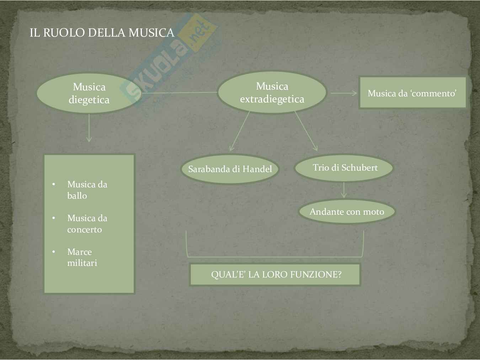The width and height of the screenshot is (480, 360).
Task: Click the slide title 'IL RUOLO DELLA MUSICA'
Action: pos(102,33)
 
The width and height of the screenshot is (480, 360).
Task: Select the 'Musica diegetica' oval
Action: pos(89,93)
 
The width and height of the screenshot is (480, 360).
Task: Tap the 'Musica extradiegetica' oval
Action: pos(272,92)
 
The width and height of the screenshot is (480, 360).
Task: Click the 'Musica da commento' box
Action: pos(412,93)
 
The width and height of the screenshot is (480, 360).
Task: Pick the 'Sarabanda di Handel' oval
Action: pos(230,169)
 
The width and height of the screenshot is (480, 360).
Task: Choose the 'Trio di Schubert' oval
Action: pos(344,168)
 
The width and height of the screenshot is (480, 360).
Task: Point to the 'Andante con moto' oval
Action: pos(347,212)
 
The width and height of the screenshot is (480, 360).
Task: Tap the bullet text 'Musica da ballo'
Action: pos(87,190)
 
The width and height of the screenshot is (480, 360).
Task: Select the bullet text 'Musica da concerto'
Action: pos(87,224)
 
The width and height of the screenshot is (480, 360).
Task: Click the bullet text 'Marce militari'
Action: pos(82,257)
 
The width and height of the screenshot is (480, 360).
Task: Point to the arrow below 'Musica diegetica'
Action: pos(89,128)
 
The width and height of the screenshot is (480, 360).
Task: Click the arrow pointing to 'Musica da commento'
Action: pos(344,93)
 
